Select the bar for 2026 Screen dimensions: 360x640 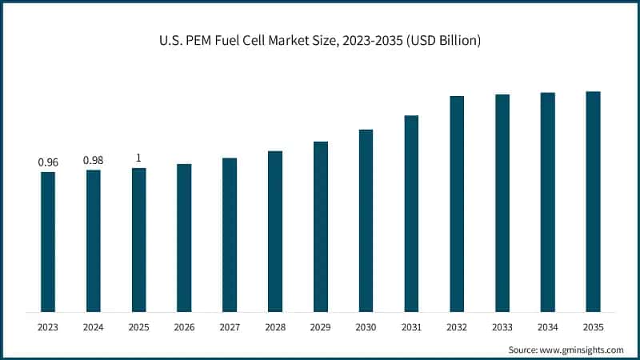click(184, 238)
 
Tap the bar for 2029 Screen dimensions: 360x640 click(320, 226)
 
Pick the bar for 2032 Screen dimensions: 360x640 click(457, 203)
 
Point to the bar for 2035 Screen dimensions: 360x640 click(593, 201)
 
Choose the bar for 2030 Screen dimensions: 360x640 click(366, 220)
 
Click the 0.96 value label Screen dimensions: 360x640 click(48, 162)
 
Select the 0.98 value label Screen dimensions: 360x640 click(94, 161)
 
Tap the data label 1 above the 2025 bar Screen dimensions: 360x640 click(139, 158)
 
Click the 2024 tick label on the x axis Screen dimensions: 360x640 click(94, 326)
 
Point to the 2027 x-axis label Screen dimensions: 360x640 click(230, 326)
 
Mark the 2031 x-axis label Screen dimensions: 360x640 click(411, 326)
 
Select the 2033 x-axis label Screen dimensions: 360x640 click(502, 326)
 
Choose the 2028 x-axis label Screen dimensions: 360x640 click(275, 326)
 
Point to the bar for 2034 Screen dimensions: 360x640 click(548, 202)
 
